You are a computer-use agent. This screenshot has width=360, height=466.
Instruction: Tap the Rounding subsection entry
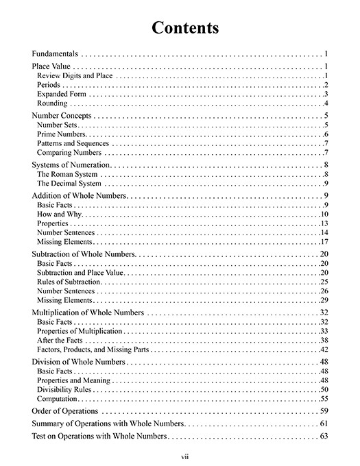[x=52, y=103]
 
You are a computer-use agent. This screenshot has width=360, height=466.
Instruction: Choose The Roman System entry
[x=67, y=175]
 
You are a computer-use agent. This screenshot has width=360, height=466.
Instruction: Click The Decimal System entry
[x=69, y=184]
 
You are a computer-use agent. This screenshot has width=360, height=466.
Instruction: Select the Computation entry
[x=57, y=399]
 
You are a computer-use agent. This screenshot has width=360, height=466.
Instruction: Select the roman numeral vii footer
[x=180, y=454]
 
